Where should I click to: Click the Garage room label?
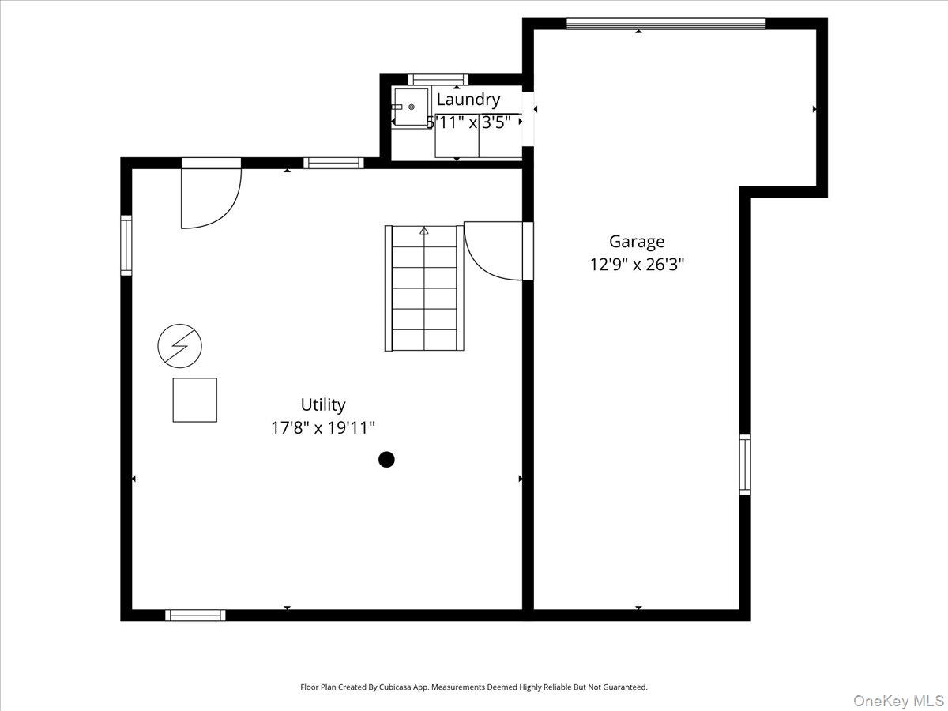(x=636, y=242)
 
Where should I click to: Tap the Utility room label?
(x=323, y=405)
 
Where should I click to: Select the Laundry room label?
(x=468, y=100)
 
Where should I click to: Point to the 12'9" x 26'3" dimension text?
(x=636, y=265)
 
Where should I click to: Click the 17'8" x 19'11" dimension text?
(x=323, y=428)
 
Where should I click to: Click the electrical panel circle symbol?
(x=180, y=346)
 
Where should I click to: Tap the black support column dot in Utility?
(x=386, y=459)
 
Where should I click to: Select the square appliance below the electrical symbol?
(x=195, y=400)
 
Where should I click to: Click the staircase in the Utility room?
(x=424, y=288)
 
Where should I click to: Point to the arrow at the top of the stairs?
(x=424, y=231)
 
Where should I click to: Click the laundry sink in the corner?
(x=411, y=107)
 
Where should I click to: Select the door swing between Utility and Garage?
(x=495, y=250)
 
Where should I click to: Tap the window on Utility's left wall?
(x=126, y=246)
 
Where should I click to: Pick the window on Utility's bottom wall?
(x=195, y=615)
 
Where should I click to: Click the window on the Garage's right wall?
(x=745, y=465)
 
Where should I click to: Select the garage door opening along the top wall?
(x=665, y=24)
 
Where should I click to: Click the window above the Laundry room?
(x=438, y=79)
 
